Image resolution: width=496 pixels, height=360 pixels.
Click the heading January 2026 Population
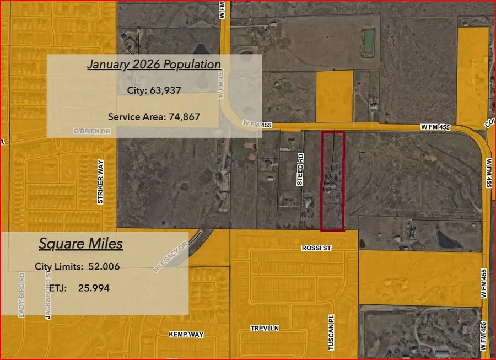pos(154,65)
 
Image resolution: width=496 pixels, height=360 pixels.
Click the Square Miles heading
pos(80,244)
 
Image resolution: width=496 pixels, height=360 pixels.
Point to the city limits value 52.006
pos(101,267)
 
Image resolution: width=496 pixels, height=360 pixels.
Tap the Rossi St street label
pos(316,249)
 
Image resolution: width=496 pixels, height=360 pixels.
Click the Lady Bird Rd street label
pos(22,295)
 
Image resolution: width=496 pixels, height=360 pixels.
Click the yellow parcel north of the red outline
pos(334,96)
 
